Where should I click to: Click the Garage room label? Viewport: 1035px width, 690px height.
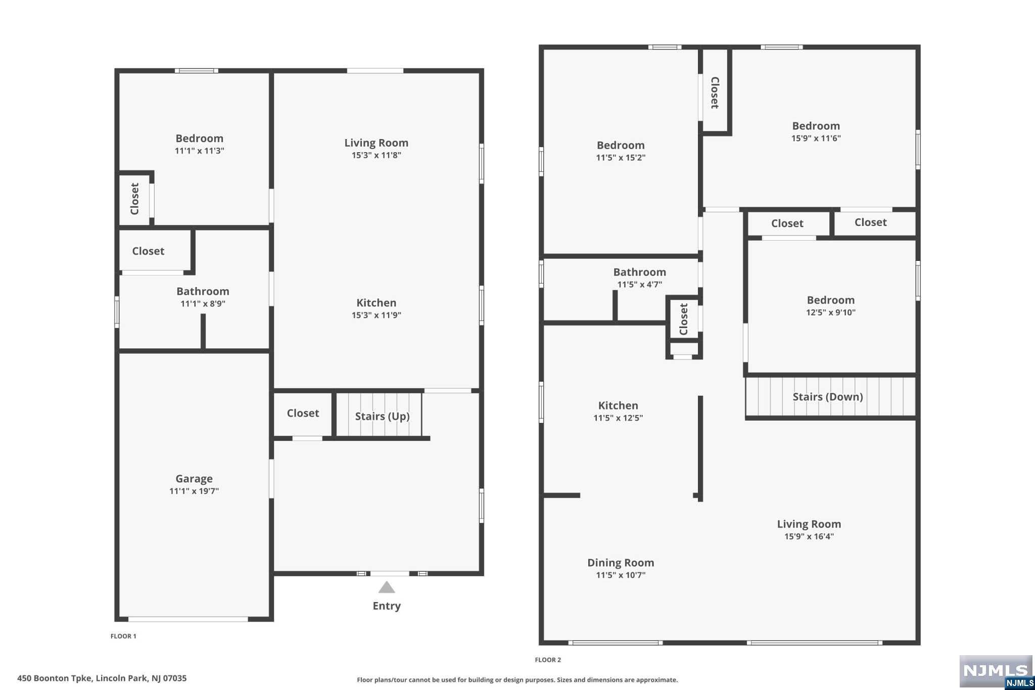(194, 478)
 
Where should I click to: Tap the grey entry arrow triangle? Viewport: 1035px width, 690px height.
(387, 587)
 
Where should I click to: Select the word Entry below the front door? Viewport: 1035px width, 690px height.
(387, 606)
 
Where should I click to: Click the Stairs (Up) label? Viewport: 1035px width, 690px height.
(382, 416)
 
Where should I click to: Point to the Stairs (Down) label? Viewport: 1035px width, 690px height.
(827, 397)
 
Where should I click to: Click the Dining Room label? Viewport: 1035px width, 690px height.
(621, 563)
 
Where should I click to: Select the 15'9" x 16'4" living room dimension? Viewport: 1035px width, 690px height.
(809, 536)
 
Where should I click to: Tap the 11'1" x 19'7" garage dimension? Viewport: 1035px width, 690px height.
(194, 491)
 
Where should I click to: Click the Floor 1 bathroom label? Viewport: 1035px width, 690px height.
(203, 291)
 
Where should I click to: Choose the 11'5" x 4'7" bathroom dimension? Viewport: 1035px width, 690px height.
(639, 285)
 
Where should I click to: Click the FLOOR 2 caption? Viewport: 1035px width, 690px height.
(548, 660)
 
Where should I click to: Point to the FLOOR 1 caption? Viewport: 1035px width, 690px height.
(123, 636)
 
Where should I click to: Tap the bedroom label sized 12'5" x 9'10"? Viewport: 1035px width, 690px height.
(830, 300)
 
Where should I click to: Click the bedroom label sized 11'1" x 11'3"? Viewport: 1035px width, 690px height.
(199, 139)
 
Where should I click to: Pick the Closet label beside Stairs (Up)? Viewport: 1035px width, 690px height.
(303, 413)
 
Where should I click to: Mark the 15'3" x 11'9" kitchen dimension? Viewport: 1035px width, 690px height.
(376, 315)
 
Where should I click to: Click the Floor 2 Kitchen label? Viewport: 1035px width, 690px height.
(618, 405)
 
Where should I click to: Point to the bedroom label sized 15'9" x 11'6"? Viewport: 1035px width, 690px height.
(816, 126)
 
